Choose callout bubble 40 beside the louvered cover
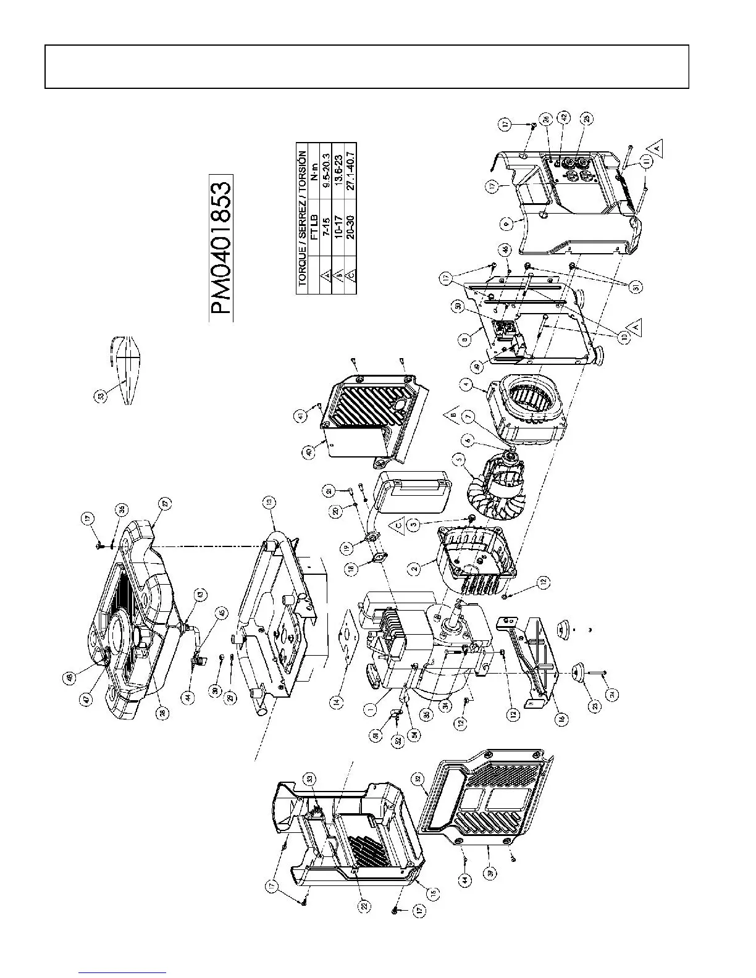[x=310, y=452]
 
